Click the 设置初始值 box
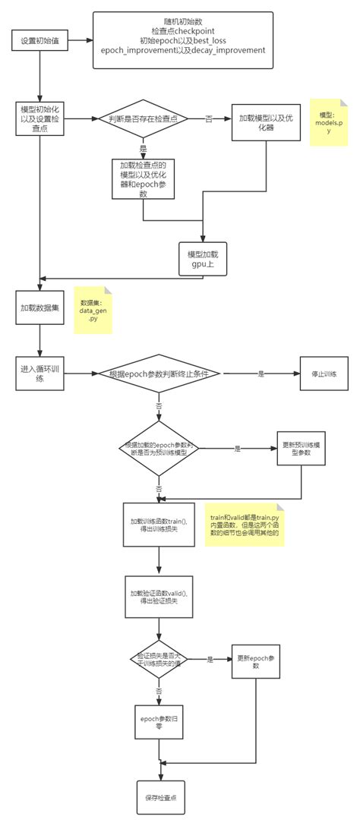tap(39, 40)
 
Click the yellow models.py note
tap(329, 121)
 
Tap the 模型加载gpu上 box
tap(202, 258)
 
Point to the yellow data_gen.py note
tap(93, 311)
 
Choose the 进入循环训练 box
tap(39, 374)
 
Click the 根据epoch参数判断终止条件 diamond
tap(159, 374)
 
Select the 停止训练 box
tap(324, 374)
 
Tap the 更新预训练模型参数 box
tap(302, 449)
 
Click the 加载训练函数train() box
tap(158, 524)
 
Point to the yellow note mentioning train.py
tap(245, 523)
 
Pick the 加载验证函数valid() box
tap(158, 596)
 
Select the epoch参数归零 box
tap(159, 721)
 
